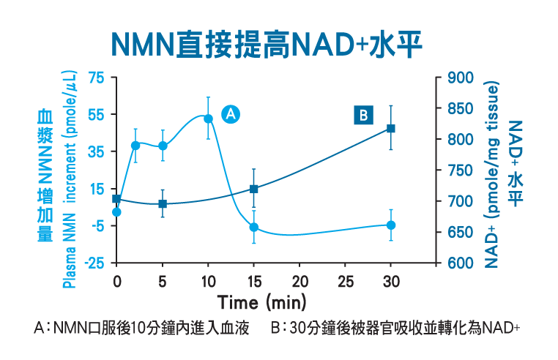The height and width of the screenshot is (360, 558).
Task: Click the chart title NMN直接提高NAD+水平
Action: (x=267, y=45)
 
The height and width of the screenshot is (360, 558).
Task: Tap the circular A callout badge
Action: (x=231, y=114)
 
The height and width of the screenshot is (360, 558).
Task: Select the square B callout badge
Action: (x=363, y=115)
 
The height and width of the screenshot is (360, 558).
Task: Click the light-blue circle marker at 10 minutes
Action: (x=208, y=119)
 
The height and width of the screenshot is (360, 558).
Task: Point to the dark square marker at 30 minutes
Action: (x=391, y=129)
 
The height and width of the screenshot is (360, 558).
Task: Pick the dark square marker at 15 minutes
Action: (x=253, y=189)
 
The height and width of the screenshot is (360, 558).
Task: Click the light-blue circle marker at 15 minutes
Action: (x=253, y=228)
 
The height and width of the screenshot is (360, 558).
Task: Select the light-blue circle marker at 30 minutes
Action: (x=391, y=225)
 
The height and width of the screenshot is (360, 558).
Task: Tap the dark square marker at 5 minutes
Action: (x=163, y=204)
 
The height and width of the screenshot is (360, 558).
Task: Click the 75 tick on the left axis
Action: (x=97, y=78)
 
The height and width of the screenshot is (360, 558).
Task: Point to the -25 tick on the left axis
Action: (x=94, y=263)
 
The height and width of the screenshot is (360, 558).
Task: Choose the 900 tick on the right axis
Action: (x=461, y=78)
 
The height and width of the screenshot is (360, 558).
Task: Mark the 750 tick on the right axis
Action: (x=461, y=170)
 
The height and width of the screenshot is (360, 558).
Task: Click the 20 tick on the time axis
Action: (x=300, y=282)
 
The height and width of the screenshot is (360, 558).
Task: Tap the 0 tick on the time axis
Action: (x=116, y=282)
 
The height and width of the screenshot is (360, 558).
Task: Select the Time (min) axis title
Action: (x=262, y=303)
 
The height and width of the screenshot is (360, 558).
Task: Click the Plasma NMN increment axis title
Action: (x=69, y=179)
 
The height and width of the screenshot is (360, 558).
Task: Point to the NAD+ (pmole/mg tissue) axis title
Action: (x=491, y=175)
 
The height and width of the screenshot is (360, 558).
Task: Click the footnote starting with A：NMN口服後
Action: (x=141, y=328)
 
